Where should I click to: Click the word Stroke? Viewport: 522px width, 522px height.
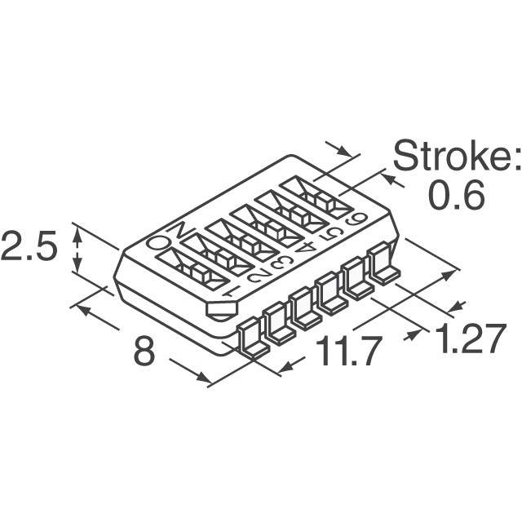457,157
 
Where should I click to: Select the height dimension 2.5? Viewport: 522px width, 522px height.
29,246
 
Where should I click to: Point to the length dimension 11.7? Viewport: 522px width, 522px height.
347,351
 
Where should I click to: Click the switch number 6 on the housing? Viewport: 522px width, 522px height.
356,220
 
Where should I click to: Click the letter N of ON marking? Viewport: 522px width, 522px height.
180,231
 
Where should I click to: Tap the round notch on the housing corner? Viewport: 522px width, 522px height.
221,310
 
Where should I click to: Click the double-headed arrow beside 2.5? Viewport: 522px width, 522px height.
77,248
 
